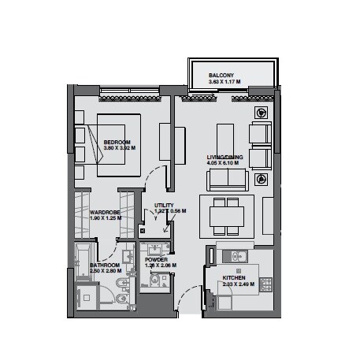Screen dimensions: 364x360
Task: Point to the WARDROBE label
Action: pos(105,211)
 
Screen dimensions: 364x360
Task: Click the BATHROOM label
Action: pos(104,266)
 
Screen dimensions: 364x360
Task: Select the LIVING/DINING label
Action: pos(225,158)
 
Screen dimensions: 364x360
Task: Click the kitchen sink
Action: pos(234,255)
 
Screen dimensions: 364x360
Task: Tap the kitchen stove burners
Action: pos(266,283)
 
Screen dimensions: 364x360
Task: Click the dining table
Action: pos(227,216)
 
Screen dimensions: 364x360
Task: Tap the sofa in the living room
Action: pos(228,180)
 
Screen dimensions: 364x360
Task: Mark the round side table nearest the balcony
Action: pos(260,113)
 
